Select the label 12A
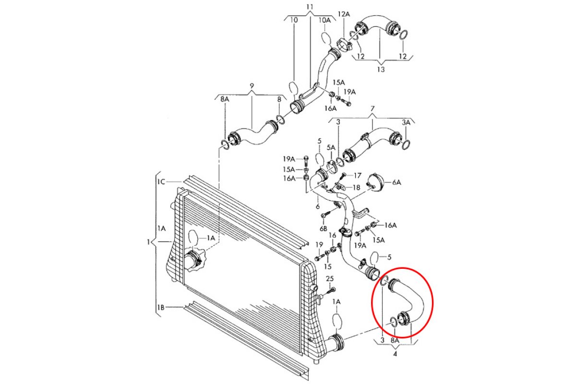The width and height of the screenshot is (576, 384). pos(344,15)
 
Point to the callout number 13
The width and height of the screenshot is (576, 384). pos(381,70)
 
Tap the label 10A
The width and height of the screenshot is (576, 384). pos(325,20)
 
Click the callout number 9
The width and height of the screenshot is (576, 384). pos(251,87)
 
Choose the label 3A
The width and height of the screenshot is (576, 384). pos(406,123)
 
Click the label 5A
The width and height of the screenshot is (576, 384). pos(331,148)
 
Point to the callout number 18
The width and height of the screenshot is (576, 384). pos(357,187)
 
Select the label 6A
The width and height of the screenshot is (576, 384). pos(396,182)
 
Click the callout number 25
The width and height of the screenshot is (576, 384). pos(329,279)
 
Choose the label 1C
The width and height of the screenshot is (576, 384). pos(161,181)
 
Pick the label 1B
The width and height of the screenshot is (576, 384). pos(161,307)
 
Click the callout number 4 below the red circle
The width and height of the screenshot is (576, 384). pos(395,355)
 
